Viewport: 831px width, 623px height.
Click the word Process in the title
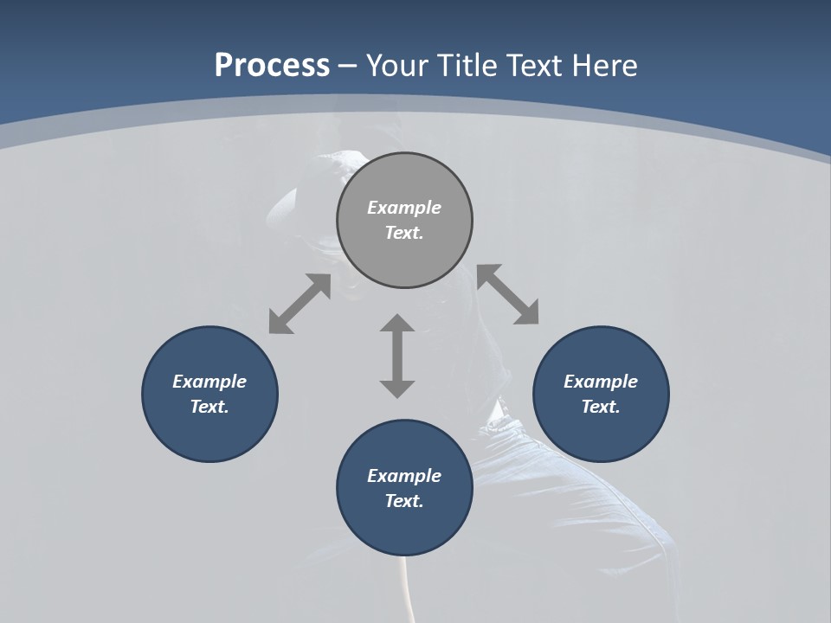click(272, 66)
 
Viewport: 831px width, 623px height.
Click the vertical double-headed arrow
click(397, 356)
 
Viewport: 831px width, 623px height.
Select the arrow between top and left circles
click(300, 304)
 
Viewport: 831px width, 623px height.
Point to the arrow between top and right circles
click(508, 294)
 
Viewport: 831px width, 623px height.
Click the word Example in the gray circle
click(404, 208)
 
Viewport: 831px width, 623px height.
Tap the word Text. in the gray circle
click(404, 233)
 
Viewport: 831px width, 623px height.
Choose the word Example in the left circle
click(209, 382)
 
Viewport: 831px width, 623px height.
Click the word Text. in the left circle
click(209, 407)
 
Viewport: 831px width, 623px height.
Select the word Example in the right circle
click(601, 382)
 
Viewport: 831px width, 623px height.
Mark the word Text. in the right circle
click(601, 407)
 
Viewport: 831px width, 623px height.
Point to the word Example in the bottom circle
click(404, 476)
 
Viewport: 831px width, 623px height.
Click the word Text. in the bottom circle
click(404, 501)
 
